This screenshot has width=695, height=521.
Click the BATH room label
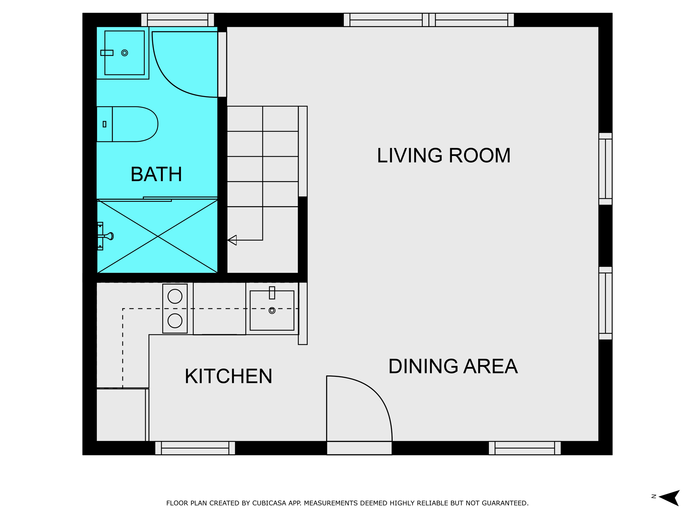[x=156, y=174]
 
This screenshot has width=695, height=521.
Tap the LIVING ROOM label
[x=444, y=155]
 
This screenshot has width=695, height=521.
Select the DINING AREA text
[x=453, y=366]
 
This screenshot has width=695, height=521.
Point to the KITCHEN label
[x=228, y=376]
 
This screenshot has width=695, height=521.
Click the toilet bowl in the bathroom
[x=135, y=124]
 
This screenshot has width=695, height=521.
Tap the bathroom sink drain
[x=125, y=53]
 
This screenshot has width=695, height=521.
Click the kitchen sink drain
[x=272, y=310]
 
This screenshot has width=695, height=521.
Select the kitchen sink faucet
[x=272, y=293]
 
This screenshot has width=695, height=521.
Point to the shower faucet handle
[x=109, y=236]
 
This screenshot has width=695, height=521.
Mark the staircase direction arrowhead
[x=232, y=240]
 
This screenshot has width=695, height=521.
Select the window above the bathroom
[x=177, y=20]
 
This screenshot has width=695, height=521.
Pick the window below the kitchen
[x=195, y=448]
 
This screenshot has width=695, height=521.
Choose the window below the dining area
[x=525, y=448]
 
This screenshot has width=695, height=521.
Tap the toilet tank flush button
[x=105, y=124]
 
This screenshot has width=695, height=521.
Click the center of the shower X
[x=158, y=236]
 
